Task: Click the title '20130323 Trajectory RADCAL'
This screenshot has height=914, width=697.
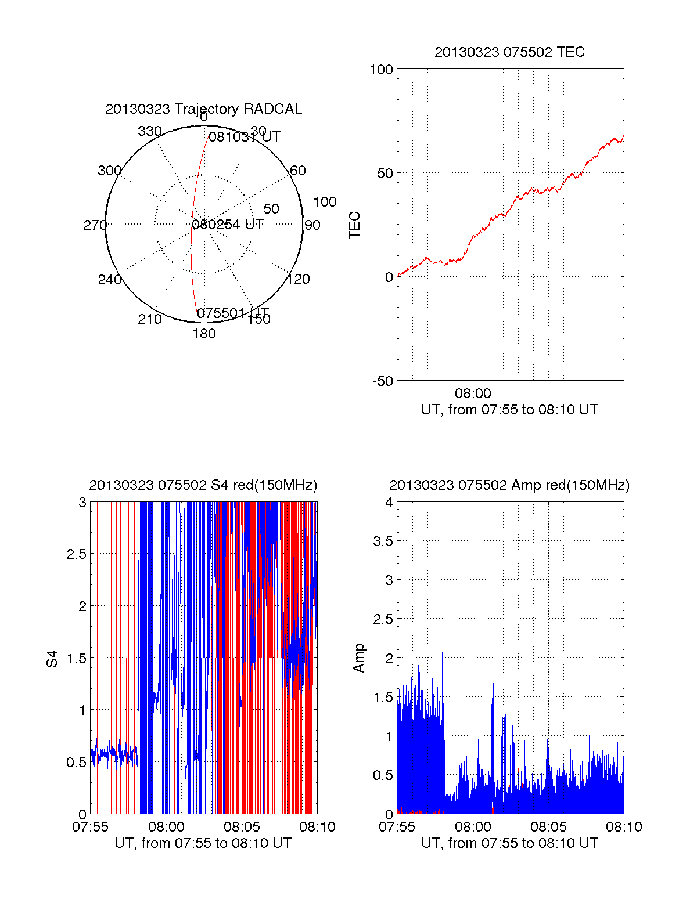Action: (x=203, y=109)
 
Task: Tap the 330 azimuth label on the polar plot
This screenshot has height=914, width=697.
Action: (x=150, y=131)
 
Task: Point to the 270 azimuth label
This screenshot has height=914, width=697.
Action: (x=95, y=225)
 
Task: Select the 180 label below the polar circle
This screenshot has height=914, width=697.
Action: (x=204, y=334)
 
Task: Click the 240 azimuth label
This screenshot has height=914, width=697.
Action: (x=109, y=280)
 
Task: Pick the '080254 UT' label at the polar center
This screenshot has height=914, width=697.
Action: (x=228, y=225)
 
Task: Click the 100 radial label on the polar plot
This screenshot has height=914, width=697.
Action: (x=325, y=202)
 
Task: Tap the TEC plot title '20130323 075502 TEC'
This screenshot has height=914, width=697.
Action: (x=509, y=52)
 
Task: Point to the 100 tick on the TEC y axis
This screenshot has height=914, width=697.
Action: (x=381, y=70)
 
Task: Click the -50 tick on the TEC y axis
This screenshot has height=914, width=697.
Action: (x=382, y=381)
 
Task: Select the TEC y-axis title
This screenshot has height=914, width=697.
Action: (x=354, y=225)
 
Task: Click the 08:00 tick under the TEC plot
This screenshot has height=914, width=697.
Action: (x=473, y=393)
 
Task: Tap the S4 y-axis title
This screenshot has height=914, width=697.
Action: (x=52, y=659)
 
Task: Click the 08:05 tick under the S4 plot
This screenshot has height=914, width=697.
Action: (x=242, y=827)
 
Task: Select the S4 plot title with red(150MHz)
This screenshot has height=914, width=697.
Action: (x=203, y=485)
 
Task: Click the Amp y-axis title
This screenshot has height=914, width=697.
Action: (x=359, y=658)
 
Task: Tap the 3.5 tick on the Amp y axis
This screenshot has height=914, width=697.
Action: (x=383, y=541)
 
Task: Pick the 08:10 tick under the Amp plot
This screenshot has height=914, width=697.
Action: (x=624, y=827)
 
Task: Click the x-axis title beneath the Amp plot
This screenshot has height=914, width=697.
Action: (x=509, y=843)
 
